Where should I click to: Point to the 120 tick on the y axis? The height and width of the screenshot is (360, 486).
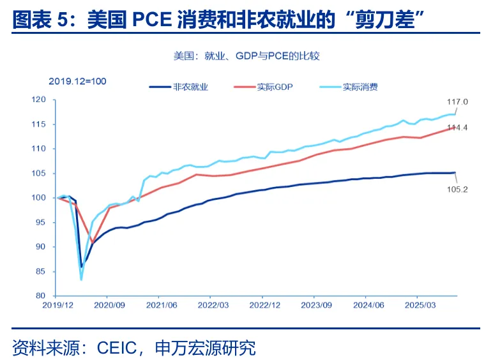click(40, 100)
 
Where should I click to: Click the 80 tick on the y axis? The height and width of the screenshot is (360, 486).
click(42, 296)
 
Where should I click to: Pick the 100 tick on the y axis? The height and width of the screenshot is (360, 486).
click(40, 198)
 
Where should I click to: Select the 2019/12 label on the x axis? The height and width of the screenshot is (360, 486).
click(56, 306)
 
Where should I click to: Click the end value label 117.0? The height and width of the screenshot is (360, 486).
click(458, 101)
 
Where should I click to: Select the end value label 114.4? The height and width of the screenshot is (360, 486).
click(458, 128)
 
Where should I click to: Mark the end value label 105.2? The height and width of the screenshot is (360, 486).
click(458, 189)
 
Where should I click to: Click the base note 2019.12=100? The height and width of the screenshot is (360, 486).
click(77, 81)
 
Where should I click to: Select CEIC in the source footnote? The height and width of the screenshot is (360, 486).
click(118, 348)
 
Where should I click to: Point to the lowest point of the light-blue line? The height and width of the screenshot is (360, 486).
click(81, 279)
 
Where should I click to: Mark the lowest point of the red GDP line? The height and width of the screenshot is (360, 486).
click(93, 243)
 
